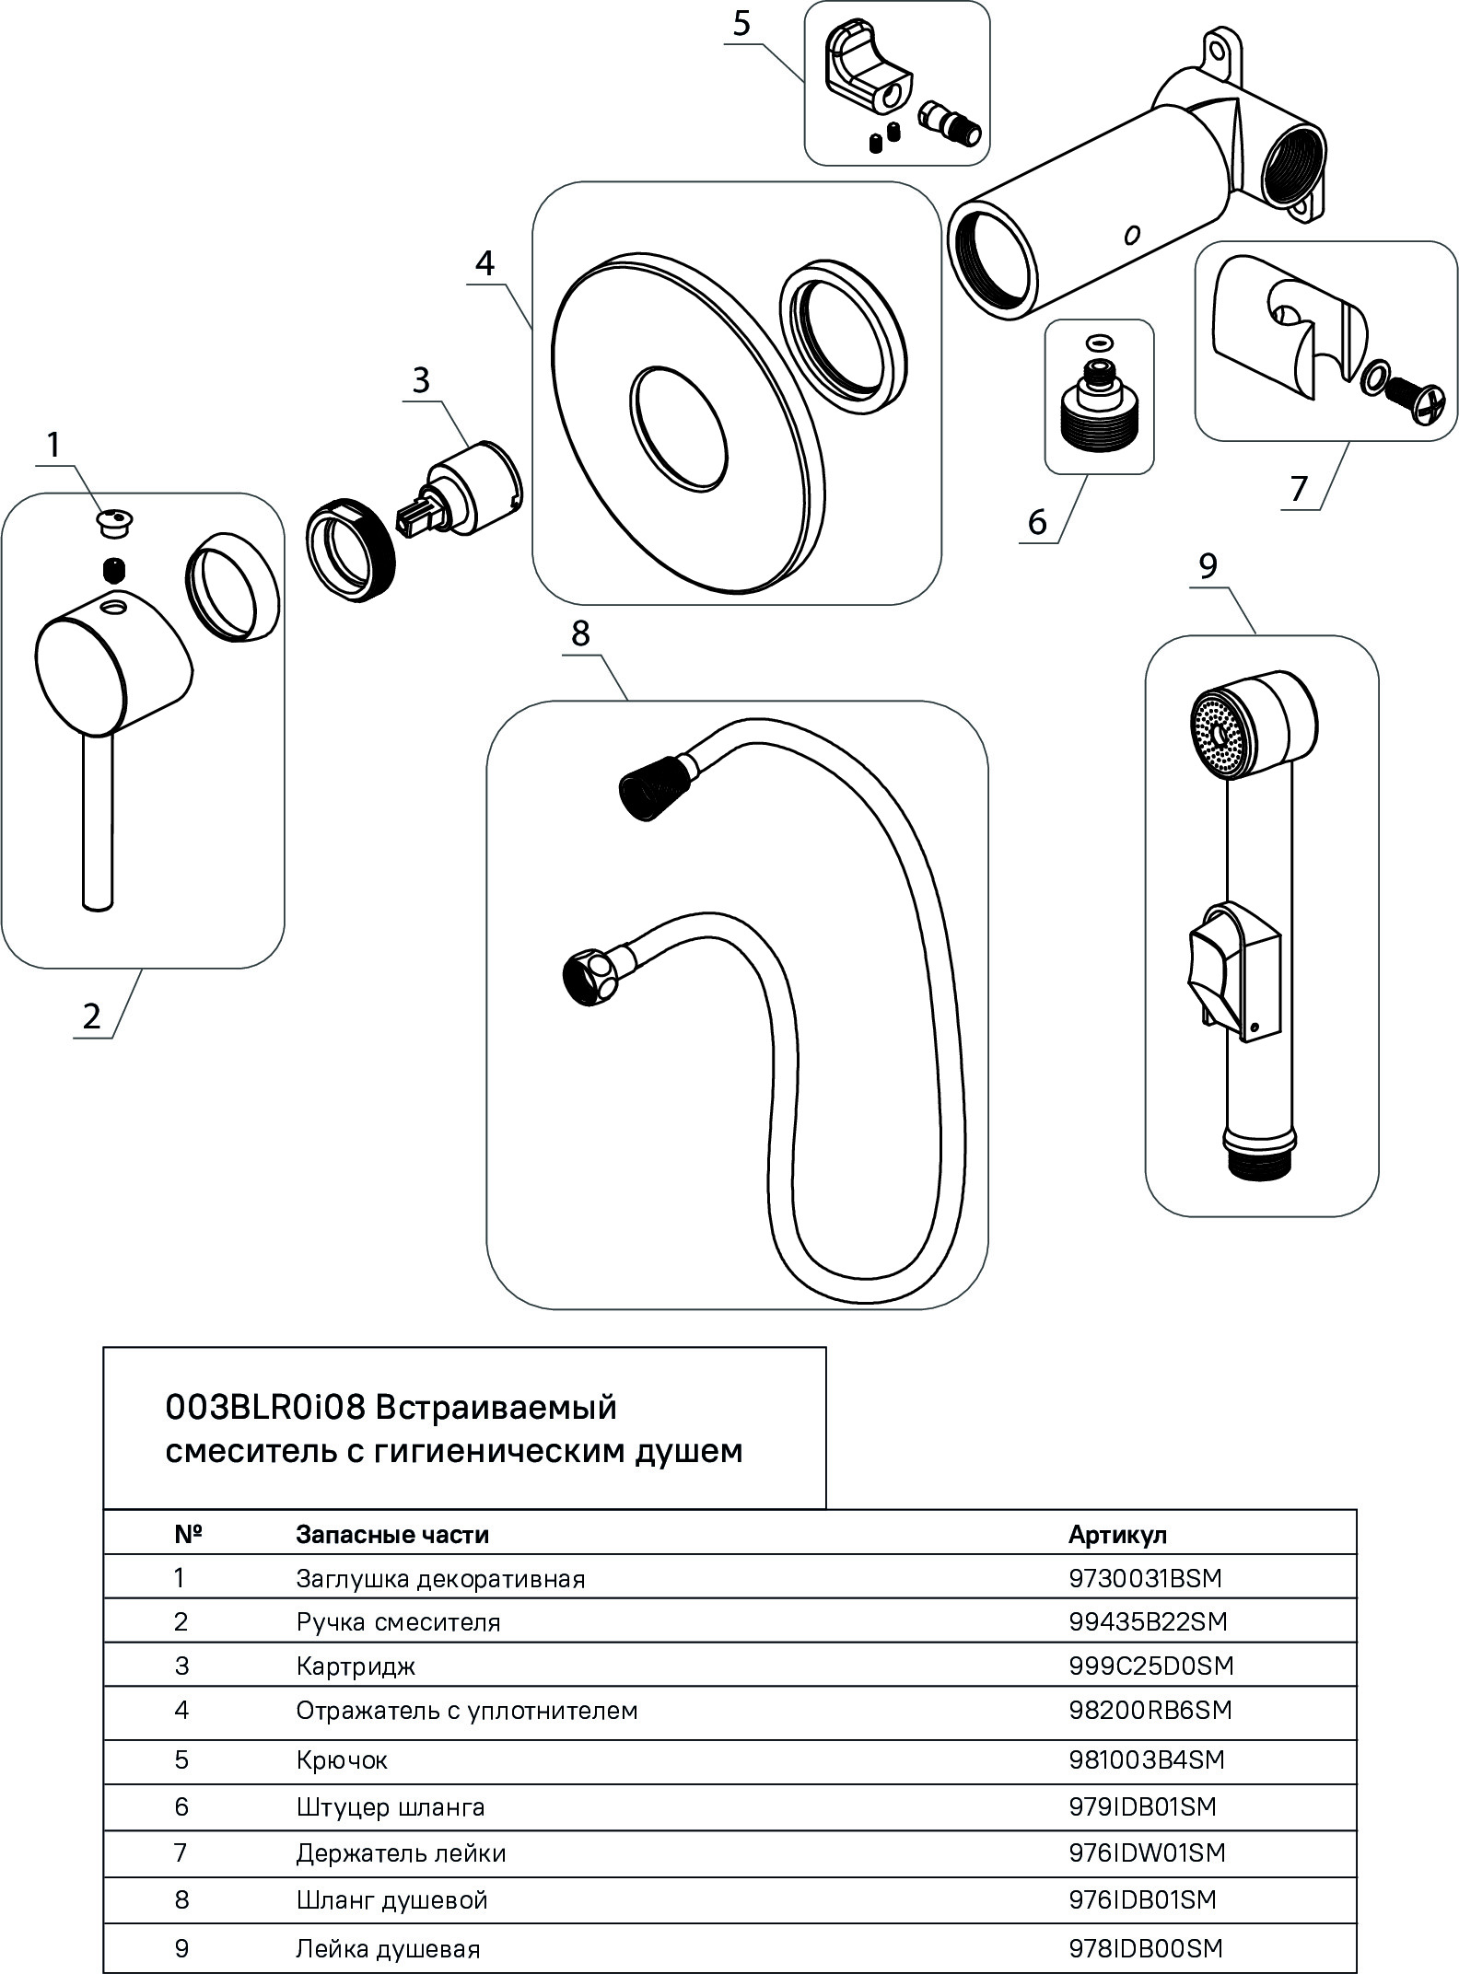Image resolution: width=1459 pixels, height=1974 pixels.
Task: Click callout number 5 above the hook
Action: pos(741,24)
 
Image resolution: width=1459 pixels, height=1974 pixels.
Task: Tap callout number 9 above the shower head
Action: pos(1208,566)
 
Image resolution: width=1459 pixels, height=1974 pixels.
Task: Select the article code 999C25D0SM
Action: pos(1150,1666)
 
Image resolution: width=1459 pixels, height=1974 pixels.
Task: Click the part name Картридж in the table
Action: pos(356,1666)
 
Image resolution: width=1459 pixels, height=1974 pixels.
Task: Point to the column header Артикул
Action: pos(1116,1535)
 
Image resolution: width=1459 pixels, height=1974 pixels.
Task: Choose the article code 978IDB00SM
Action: pos(1145,1949)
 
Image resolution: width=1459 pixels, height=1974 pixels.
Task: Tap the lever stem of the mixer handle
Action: pos(98,819)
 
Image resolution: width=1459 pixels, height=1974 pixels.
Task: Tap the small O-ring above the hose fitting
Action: pos(1097,343)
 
